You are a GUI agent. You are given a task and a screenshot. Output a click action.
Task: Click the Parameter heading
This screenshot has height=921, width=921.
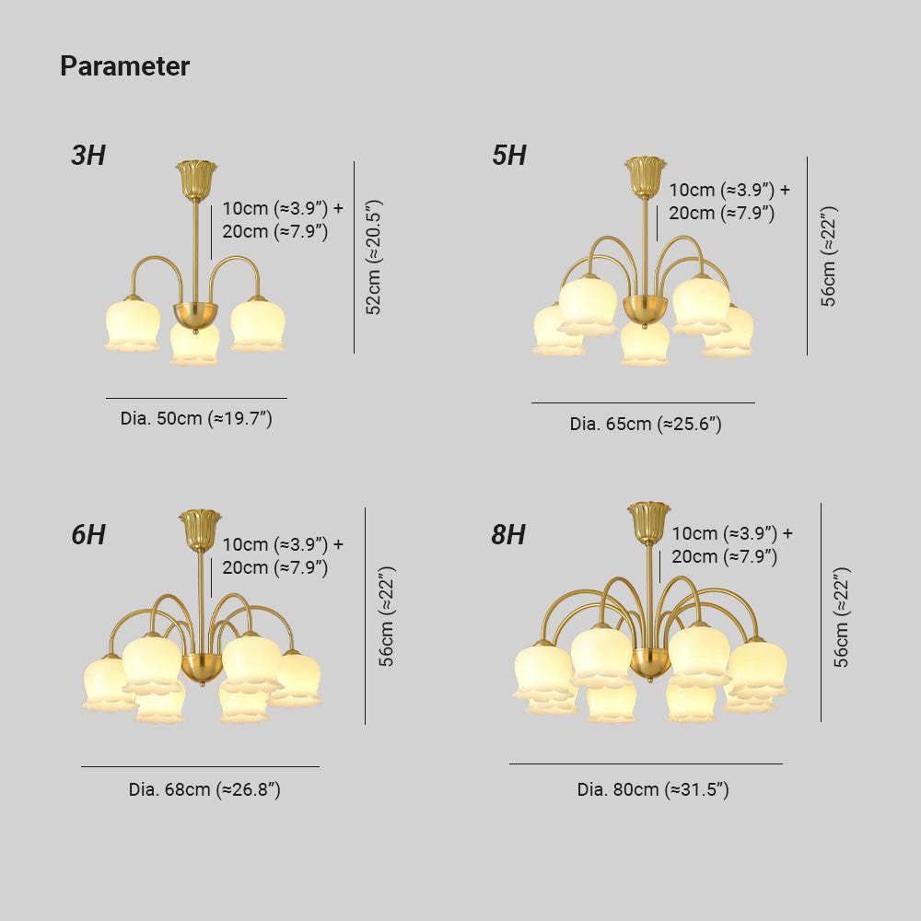click(124, 65)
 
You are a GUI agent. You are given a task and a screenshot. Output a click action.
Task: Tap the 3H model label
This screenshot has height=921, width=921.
click(88, 155)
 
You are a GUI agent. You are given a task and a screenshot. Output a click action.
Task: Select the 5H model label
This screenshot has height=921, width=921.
click(509, 155)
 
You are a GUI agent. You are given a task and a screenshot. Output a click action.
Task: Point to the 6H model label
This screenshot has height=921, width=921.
click(88, 534)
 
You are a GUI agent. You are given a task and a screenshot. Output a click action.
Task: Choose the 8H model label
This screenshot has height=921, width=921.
click(508, 534)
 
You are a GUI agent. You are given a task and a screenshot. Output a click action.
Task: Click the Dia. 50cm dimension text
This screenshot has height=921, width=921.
click(196, 418)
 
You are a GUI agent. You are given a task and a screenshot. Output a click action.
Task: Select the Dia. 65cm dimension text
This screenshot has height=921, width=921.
click(646, 424)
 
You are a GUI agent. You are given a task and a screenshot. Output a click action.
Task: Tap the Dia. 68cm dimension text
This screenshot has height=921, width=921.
click(204, 789)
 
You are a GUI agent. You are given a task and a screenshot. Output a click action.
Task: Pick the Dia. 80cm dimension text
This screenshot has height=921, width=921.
click(653, 789)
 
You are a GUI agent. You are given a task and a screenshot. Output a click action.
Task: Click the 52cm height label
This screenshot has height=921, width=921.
click(374, 257)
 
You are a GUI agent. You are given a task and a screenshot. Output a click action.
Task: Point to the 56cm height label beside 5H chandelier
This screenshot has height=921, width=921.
click(828, 256)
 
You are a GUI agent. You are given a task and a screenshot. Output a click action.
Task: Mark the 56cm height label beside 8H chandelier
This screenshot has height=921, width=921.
click(842, 617)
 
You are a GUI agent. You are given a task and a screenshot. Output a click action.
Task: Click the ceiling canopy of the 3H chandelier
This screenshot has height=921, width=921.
click(196, 181)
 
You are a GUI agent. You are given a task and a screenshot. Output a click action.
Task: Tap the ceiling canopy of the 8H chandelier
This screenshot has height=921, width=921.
click(649, 521)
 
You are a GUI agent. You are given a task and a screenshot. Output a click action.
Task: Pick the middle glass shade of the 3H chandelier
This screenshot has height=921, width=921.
click(194, 344)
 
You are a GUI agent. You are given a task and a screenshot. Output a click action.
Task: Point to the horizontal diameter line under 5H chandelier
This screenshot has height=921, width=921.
click(643, 403)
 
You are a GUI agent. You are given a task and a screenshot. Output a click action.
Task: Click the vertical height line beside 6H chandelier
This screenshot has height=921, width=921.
click(366, 615)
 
